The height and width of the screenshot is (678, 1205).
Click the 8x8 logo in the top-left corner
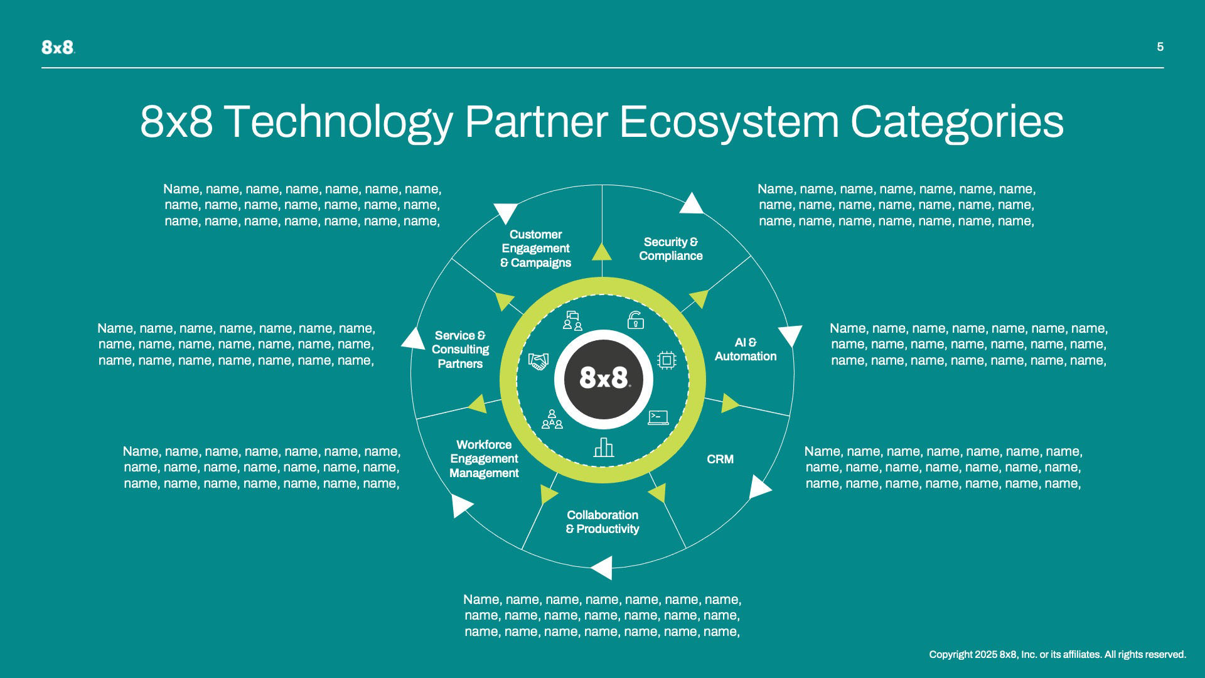click(58, 47)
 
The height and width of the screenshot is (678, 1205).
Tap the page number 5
click(1160, 47)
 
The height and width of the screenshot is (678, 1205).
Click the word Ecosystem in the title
click(729, 122)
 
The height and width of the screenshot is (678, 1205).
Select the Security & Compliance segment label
click(670, 249)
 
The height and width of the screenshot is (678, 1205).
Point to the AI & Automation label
click(745, 350)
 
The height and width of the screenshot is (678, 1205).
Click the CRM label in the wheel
click(720, 460)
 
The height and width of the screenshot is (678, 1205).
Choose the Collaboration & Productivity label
click(602, 522)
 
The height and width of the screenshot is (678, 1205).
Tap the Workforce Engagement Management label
click(484, 459)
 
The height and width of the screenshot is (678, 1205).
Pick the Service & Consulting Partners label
click(460, 350)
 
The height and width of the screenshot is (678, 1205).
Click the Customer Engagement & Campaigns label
click(535, 249)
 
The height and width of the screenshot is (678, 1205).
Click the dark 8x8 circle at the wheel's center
click(604, 379)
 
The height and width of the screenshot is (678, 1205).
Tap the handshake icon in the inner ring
click(538, 362)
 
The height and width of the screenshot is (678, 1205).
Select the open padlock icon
click(635, 320)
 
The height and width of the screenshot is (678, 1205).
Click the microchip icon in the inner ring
click(667, 360)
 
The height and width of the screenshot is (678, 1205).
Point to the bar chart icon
click(603, 448)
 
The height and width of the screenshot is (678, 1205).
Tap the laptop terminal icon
click(658, 417)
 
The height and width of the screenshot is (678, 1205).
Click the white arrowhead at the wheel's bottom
click(602, 568)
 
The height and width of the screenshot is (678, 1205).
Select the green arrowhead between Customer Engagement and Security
click(602, 252)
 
